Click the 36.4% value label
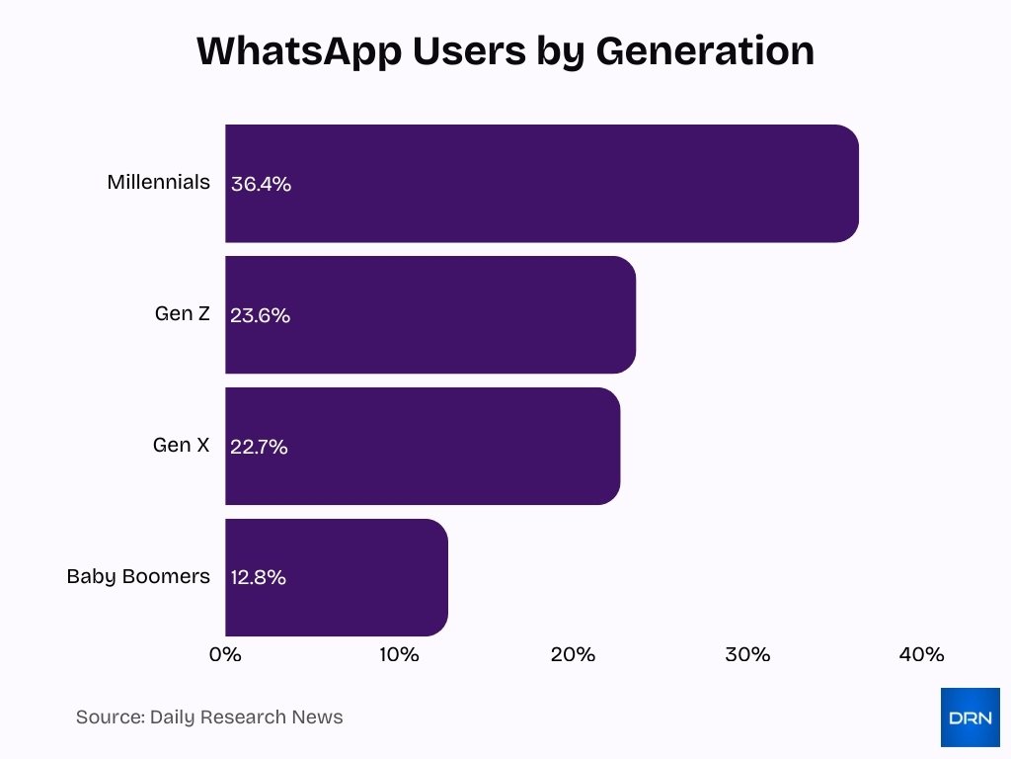261,184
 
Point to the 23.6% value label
260,315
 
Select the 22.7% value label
259,447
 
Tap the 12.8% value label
258,578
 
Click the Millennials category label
158,182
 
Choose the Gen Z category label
182,313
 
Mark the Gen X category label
181,445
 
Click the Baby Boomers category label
138,576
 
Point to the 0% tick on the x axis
225,654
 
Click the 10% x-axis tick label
399,654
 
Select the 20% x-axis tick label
573,654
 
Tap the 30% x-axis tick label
747,654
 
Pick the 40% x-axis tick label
921,654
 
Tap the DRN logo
970,717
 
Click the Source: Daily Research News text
209,717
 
